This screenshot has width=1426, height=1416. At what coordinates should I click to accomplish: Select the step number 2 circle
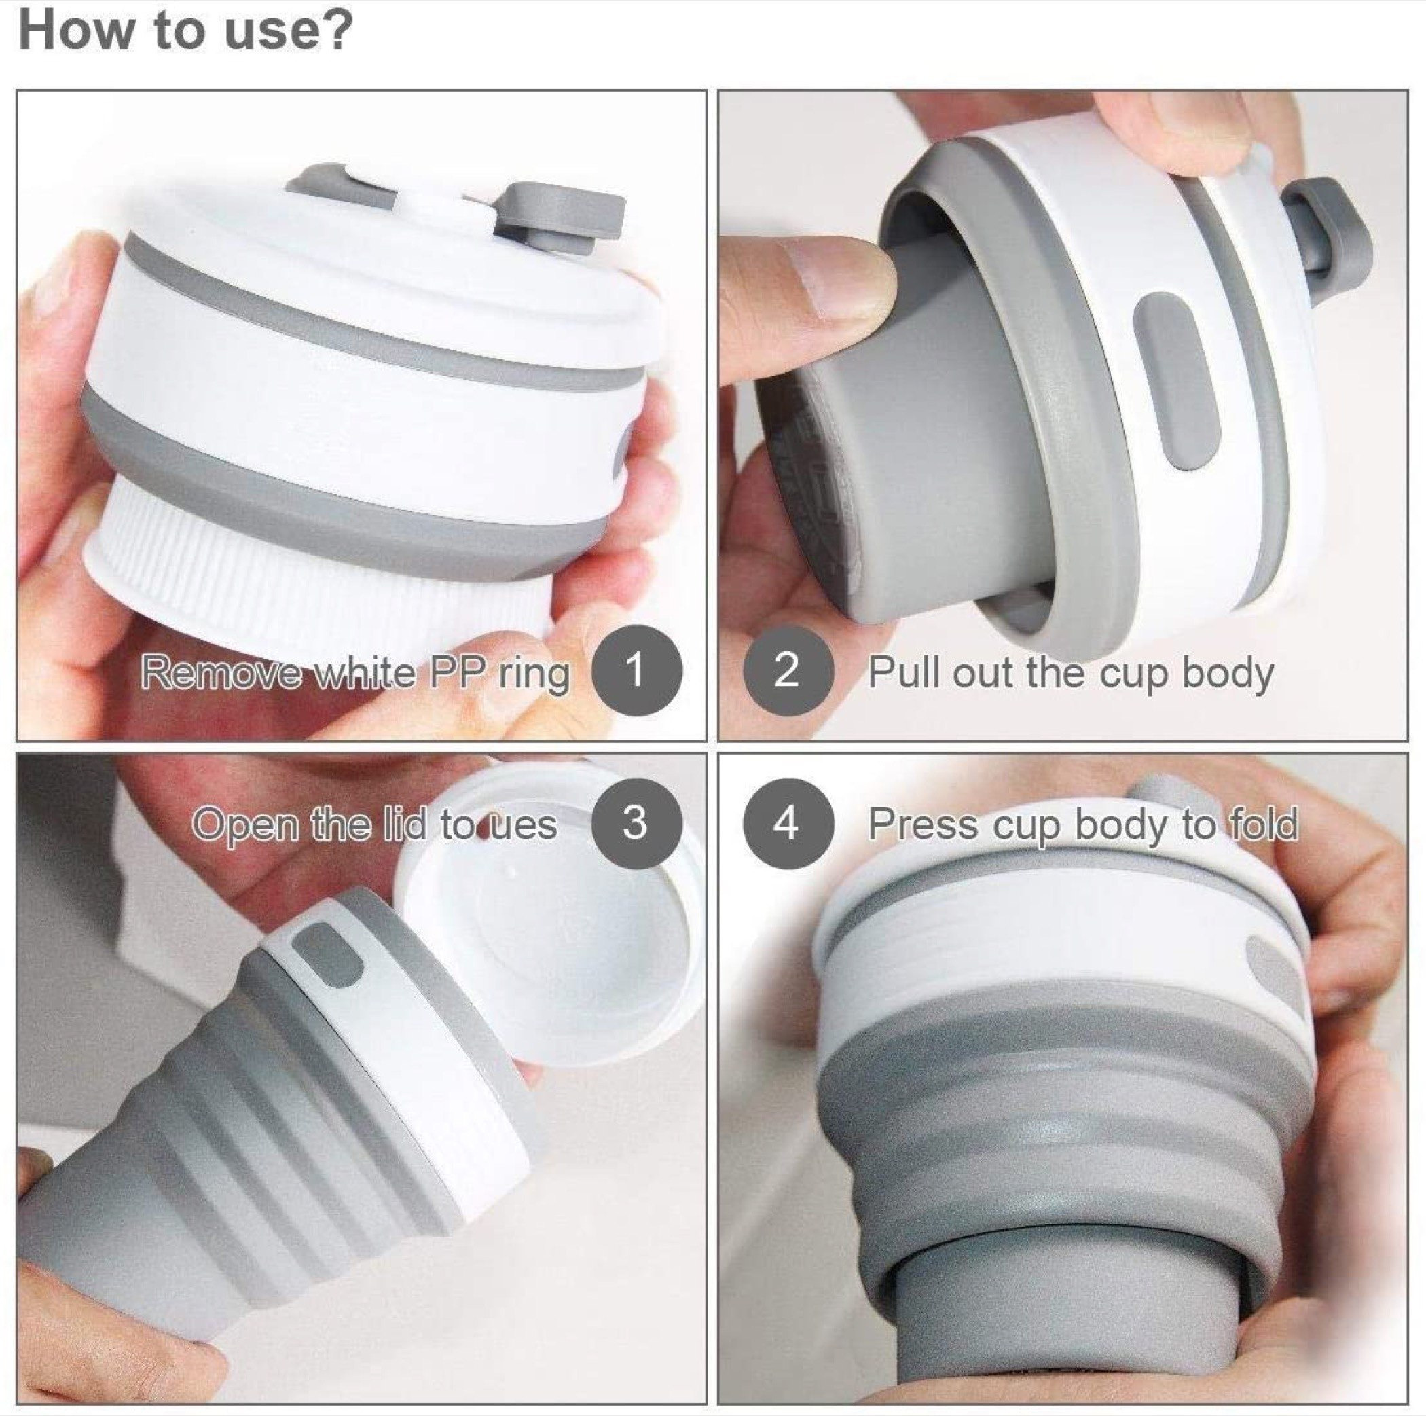pyautogui.click(x=787, y=671)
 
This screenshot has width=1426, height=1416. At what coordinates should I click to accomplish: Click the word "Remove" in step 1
pyautogui.click(x=221, y=672)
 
